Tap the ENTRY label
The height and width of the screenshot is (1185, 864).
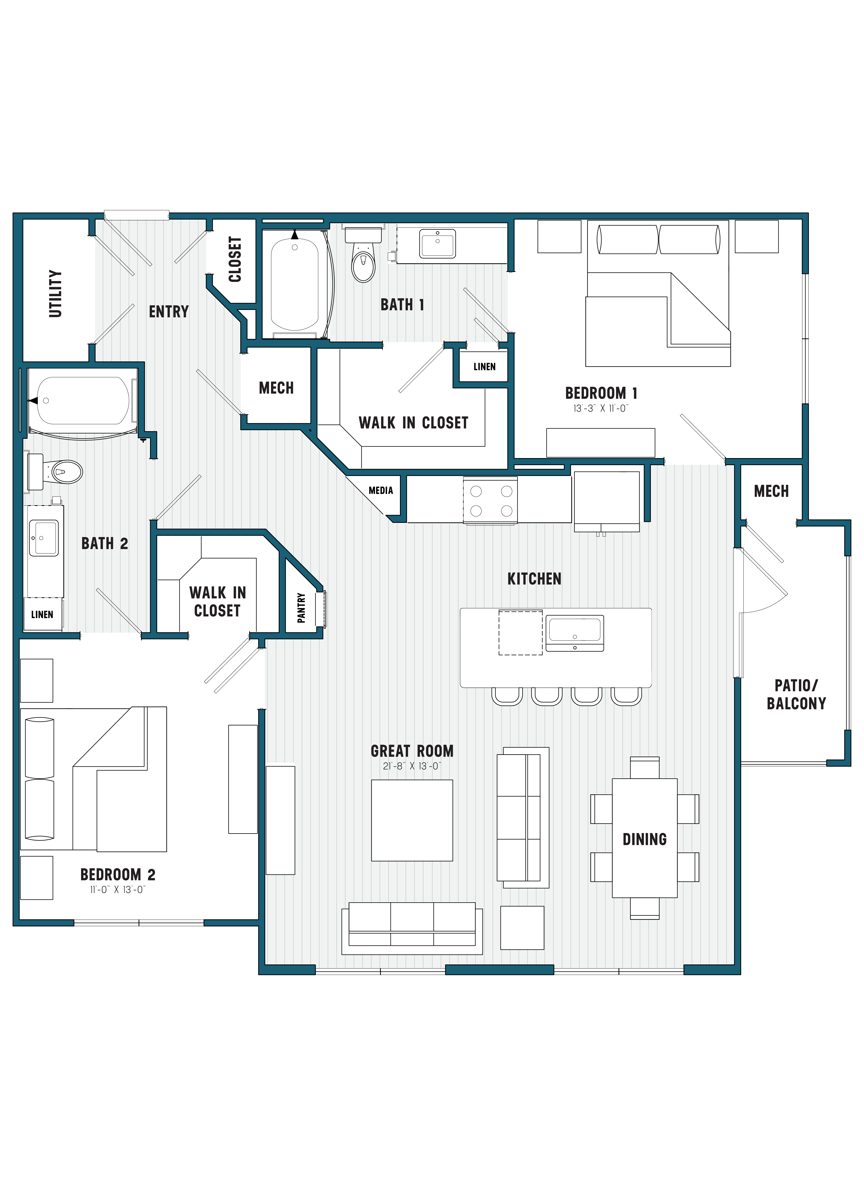coord(168,312)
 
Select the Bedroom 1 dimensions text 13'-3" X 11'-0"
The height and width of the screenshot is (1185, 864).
coord(600,408)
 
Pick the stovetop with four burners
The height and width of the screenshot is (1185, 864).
coord(491,501)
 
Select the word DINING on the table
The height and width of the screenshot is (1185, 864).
coord(644,839)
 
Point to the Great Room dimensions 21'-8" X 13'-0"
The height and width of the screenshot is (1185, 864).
coord(412,766)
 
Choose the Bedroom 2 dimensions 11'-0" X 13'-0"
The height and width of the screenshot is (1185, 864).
coord(118,889)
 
